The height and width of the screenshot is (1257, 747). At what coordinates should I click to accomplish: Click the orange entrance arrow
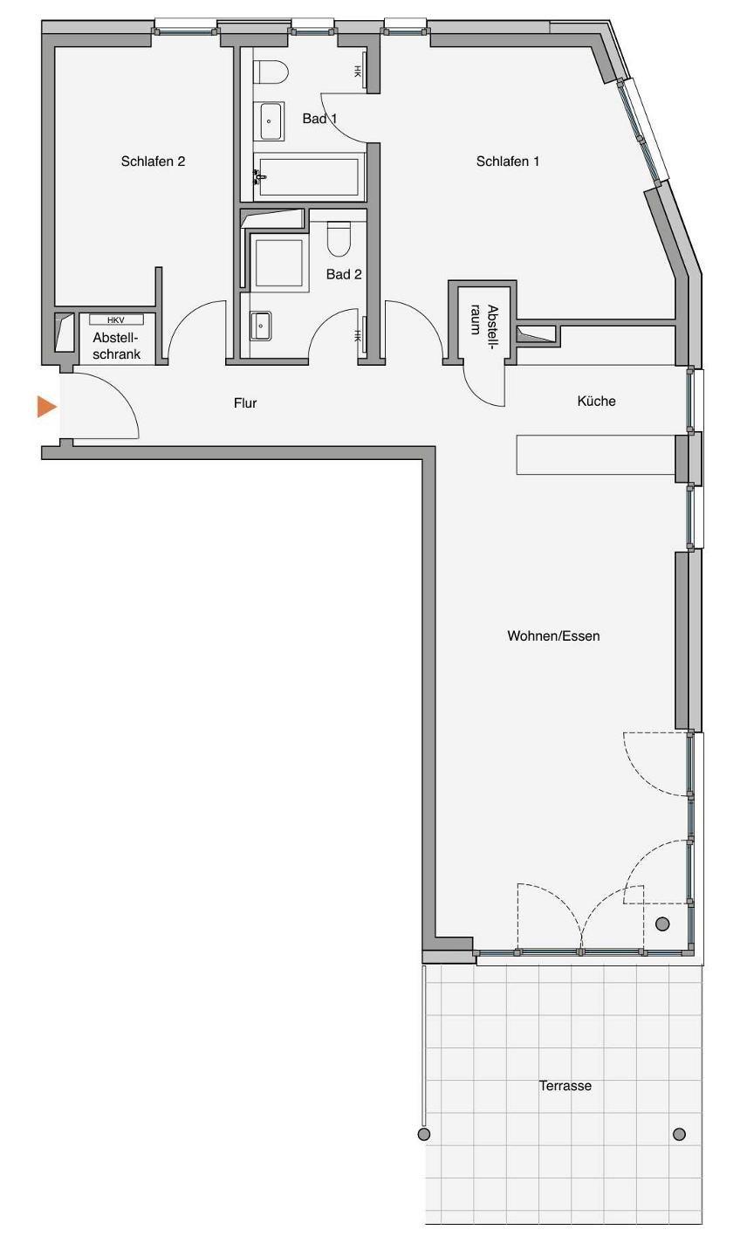(46, 406)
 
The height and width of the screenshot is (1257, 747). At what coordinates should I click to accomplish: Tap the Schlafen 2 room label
(153, 161)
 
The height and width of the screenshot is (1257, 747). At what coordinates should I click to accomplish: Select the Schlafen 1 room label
(508, 161)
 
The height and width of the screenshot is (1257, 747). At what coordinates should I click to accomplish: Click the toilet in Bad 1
(271, 72)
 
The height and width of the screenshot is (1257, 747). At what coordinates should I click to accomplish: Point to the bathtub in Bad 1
(308, 177)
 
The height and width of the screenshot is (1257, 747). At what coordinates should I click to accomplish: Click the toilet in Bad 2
(339, 238)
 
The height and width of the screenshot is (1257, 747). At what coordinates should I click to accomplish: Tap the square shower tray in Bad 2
(278, 263)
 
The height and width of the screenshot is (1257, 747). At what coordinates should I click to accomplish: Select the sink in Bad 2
(260, 326)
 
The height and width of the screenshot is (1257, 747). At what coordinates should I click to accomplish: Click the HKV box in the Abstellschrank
(116, 319)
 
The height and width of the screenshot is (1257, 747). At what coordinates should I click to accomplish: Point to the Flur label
(245, 403)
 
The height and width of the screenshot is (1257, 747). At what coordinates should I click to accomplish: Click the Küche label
(596, 402)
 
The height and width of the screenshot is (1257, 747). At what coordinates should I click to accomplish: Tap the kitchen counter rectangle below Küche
(595, 455)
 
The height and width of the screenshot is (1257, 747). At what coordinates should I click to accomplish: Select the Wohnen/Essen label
(553, 635)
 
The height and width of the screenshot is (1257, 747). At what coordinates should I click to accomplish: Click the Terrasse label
(565, 1086)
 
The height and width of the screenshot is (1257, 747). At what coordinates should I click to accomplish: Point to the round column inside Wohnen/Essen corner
(662, 924)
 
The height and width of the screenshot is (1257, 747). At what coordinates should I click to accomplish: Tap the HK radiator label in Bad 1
(357, 72)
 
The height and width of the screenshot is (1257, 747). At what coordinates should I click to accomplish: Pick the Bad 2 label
(344, 274)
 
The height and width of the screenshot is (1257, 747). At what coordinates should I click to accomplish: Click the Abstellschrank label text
(117, 347)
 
